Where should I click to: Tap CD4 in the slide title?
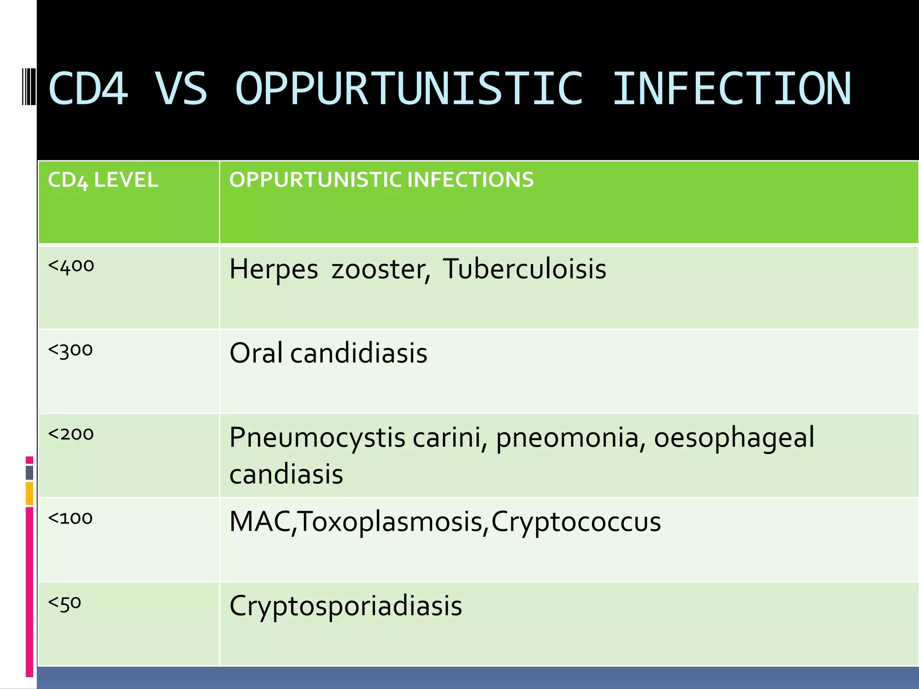[88, 88]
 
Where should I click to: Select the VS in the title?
[181, 88]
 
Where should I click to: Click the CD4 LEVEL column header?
[103, 180]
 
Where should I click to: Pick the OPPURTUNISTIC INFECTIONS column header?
[381, 179]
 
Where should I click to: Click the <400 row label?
[71, 266]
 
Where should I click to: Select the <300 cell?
[70, 350]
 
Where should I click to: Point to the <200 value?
[71, 434]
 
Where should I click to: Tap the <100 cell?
[70, 518]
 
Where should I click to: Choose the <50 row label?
[65, 602]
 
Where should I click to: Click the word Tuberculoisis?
[525, 269]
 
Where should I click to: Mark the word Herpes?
[274, 269]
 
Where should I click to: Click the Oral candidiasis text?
[328, 353]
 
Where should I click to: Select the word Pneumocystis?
[317, 437]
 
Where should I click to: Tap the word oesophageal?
[734, 437]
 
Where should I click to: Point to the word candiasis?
[286, 474]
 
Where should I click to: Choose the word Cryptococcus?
[576, 522]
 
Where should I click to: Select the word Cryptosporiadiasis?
[346, 606]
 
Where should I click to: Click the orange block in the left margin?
[30, 493]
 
